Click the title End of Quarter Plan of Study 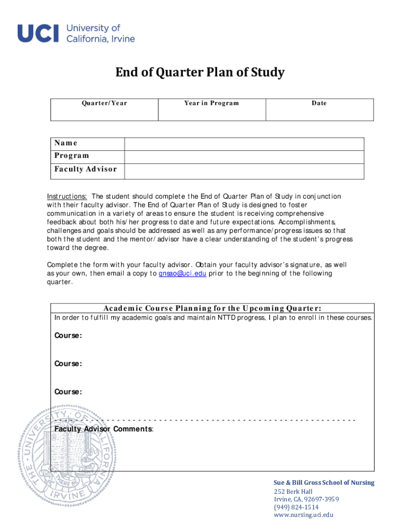pyautogui.click(x=199, y=73)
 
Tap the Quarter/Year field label pyautogui.click(x=104, y=103)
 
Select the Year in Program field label pyautogui.click(x=211, y=103)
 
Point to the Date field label pyautogui.click(x=319, y=103)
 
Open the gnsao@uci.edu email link pyautogui.click(x=183, y=273)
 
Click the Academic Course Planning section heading pyautogui.click(x=212, y=308)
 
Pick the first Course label pyautogui.click(x=68, y=336)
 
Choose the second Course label pyautogui.click(x=68, y=364)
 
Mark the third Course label pyautogui.click(x=68, y=392)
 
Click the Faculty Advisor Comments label pyautogui.click(x=104, y=429)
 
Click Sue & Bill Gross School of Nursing pyautogui.click(x=324, y=483)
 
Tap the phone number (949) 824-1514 pyautogui.click(x=296, y=507)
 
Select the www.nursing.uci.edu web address pyautogui.click(x=303, y=515)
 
